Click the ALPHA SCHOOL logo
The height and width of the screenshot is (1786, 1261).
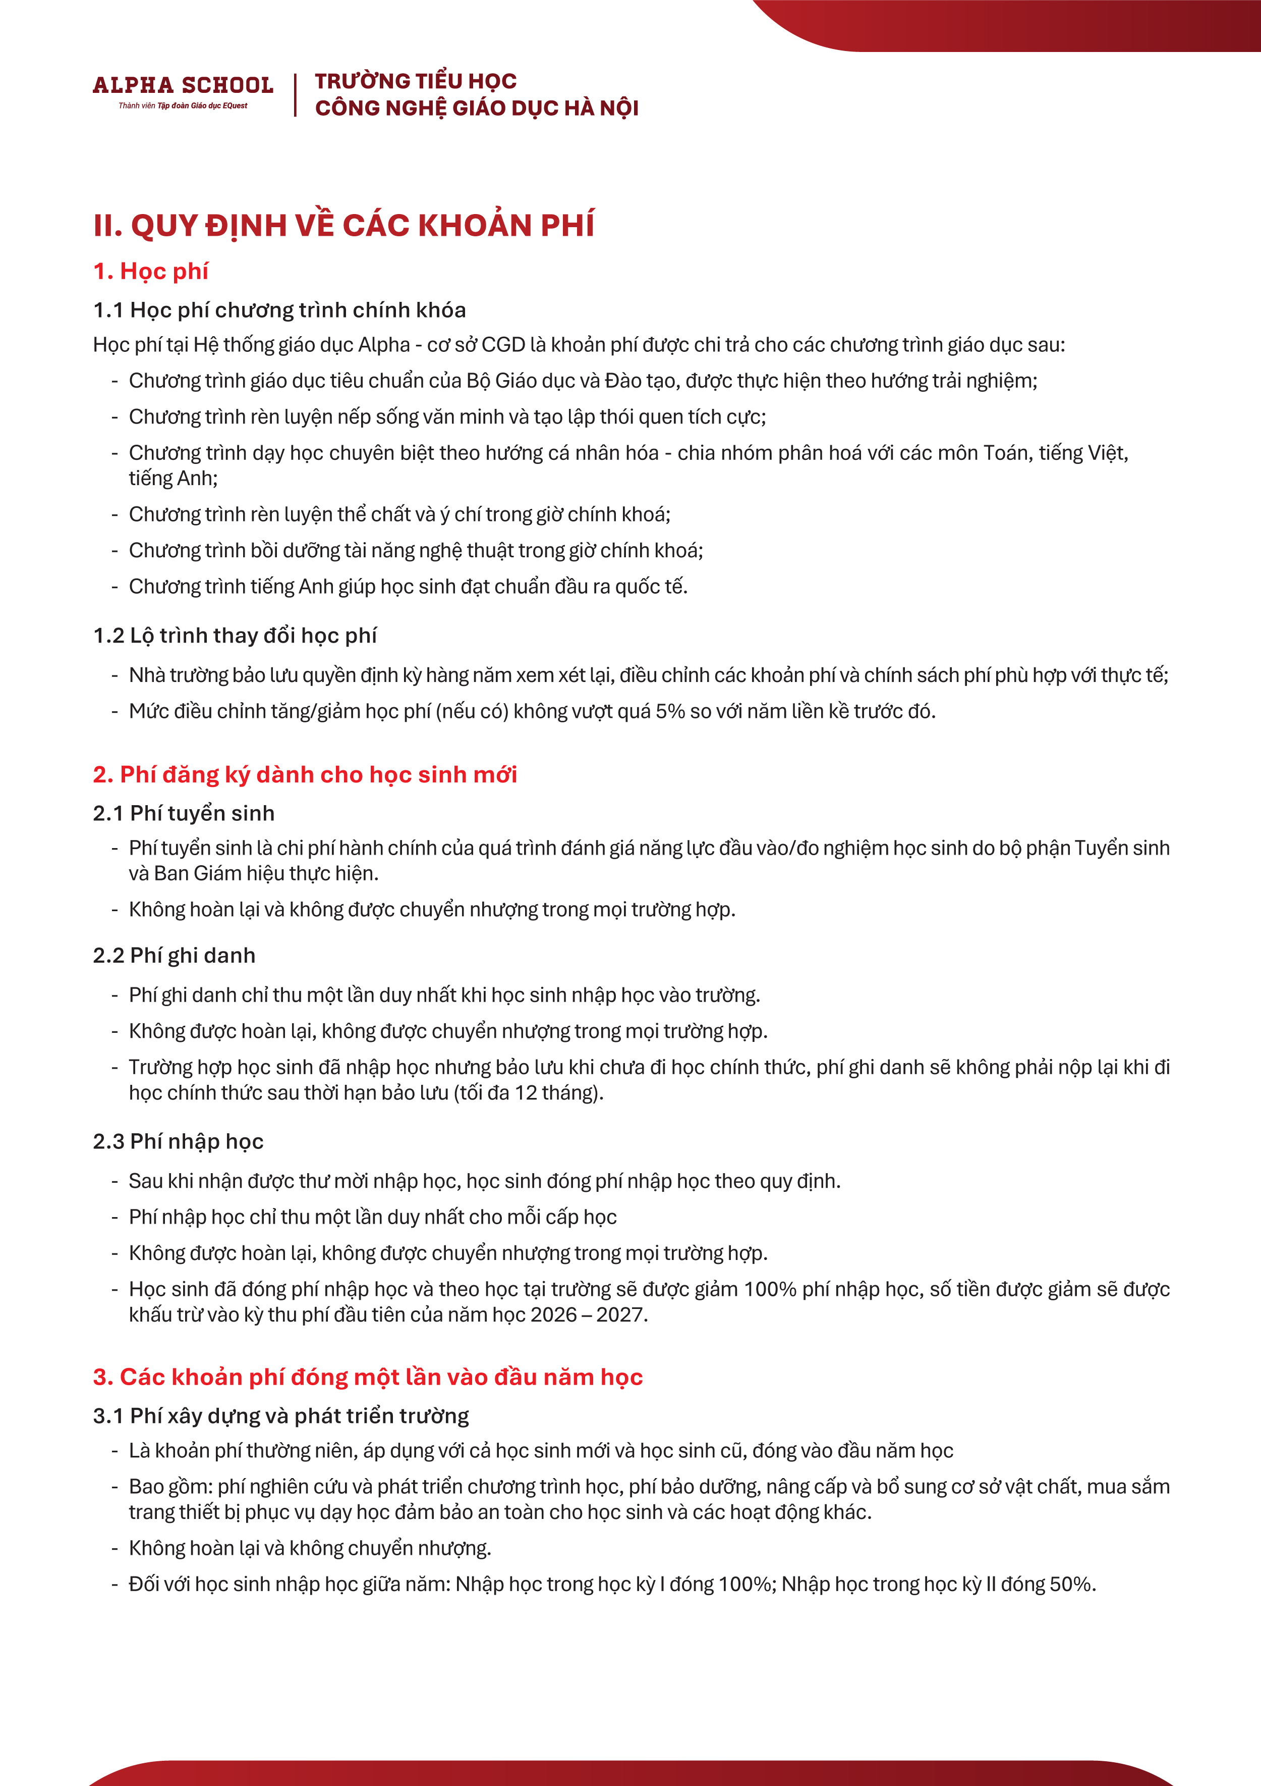pos(183,85)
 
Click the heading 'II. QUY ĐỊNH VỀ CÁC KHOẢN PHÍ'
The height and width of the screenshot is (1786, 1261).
pos(343,226)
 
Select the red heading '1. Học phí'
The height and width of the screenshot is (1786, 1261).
pos(151,272)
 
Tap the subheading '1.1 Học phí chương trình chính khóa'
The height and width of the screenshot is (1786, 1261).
pos(279,310)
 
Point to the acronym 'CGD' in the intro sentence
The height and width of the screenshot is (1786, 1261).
pos(503,345)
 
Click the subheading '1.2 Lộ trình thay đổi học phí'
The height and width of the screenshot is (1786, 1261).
pos(235,636)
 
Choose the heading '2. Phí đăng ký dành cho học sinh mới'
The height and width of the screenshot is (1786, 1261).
pos(305,775)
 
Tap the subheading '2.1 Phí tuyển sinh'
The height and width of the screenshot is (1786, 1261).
pos(184,814)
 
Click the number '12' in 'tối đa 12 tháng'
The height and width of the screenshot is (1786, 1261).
pos(526,1093)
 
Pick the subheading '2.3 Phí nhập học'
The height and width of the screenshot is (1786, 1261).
pos(178,1141)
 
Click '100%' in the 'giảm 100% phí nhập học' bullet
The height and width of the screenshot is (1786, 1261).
pos(770,1290)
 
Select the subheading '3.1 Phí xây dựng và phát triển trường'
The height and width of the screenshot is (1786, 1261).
pos(280,1416)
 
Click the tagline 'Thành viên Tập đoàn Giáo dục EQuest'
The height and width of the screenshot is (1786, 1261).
pos(183,106)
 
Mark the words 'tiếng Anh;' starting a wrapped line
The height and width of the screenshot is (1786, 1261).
pos(173,479)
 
